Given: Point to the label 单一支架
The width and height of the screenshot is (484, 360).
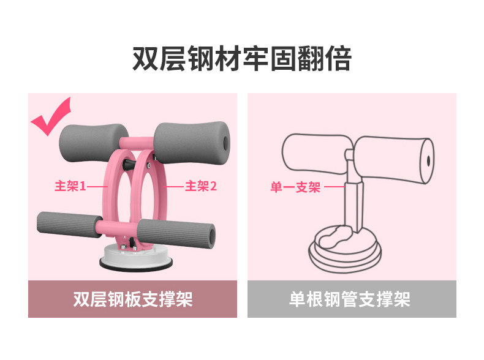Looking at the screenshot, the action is pyautogui.click(x=295, y=187).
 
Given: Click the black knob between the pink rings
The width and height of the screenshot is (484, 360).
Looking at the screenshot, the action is pyautogui.click(x=132, y=165).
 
